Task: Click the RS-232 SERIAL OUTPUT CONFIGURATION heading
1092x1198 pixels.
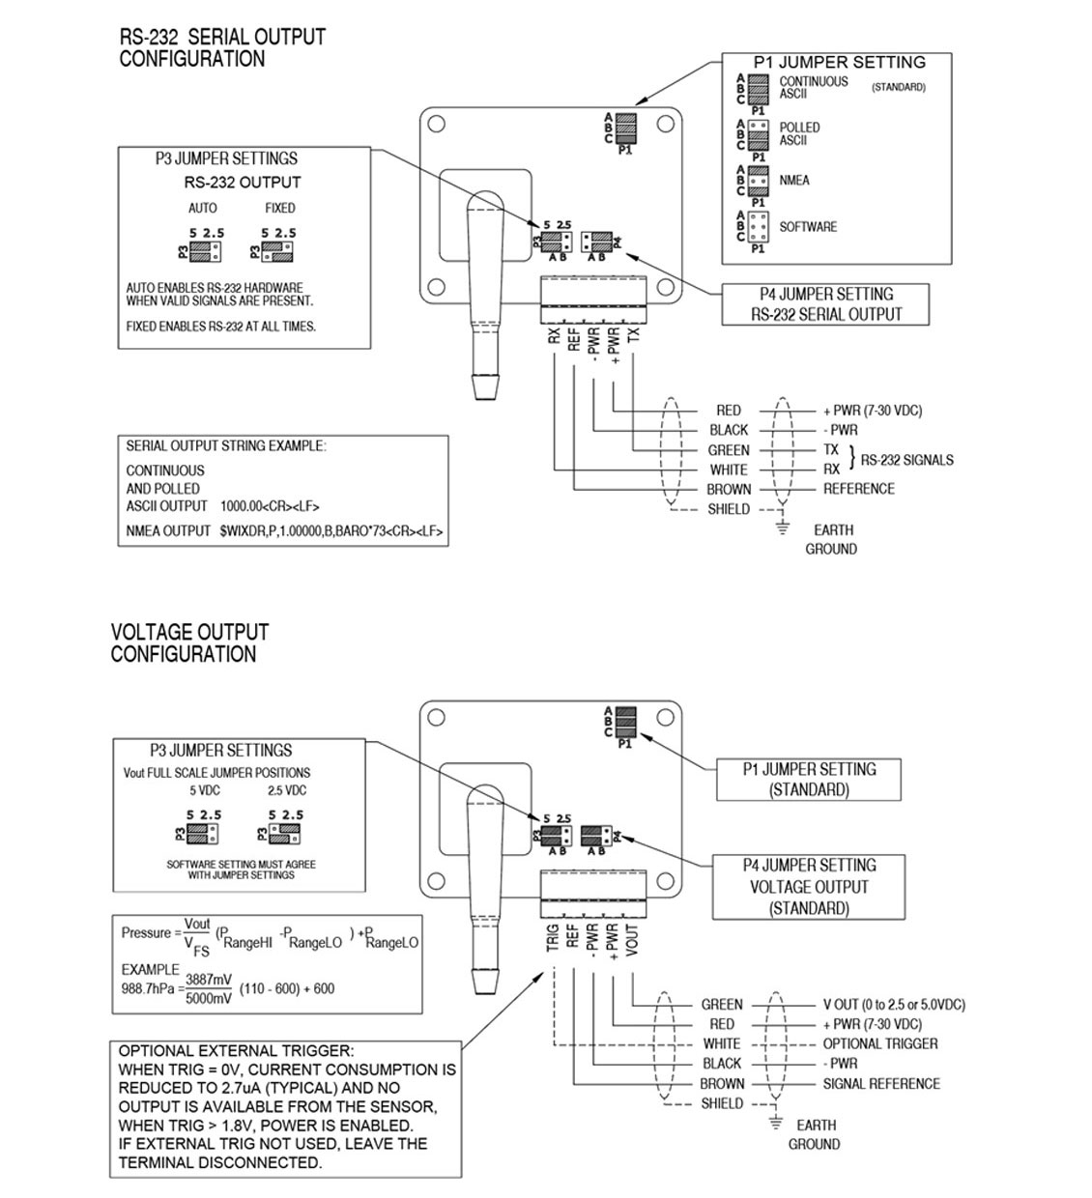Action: coord(222,47)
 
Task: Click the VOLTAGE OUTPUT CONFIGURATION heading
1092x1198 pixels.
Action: coord(189,642)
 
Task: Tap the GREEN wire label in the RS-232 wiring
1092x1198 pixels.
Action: coord(729,450)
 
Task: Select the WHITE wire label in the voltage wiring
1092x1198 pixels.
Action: coord(722,1043)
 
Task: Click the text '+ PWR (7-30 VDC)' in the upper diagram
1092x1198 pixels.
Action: coord(873,411)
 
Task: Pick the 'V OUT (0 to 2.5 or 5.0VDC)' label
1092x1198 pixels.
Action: coord(894,1005)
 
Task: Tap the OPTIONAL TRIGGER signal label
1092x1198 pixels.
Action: coord(879,1043)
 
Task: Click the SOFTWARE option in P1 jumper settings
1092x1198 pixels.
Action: coord(808,227)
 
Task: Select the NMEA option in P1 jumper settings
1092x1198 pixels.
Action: coord(794,181)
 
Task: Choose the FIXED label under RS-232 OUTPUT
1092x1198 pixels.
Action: coord(279,208)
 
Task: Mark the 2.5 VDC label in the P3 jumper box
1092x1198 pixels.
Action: coord(286,790)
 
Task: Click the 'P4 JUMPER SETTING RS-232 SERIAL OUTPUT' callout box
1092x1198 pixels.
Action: coord(825,304)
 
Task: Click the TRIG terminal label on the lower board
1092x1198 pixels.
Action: coord(553,937)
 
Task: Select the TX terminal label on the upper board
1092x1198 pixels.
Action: coord(634,335)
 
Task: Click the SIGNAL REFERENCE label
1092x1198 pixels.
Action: coord(881,1084)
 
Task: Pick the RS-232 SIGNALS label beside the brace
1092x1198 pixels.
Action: coord(906,460)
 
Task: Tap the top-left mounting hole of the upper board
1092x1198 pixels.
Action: coord(437,125)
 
